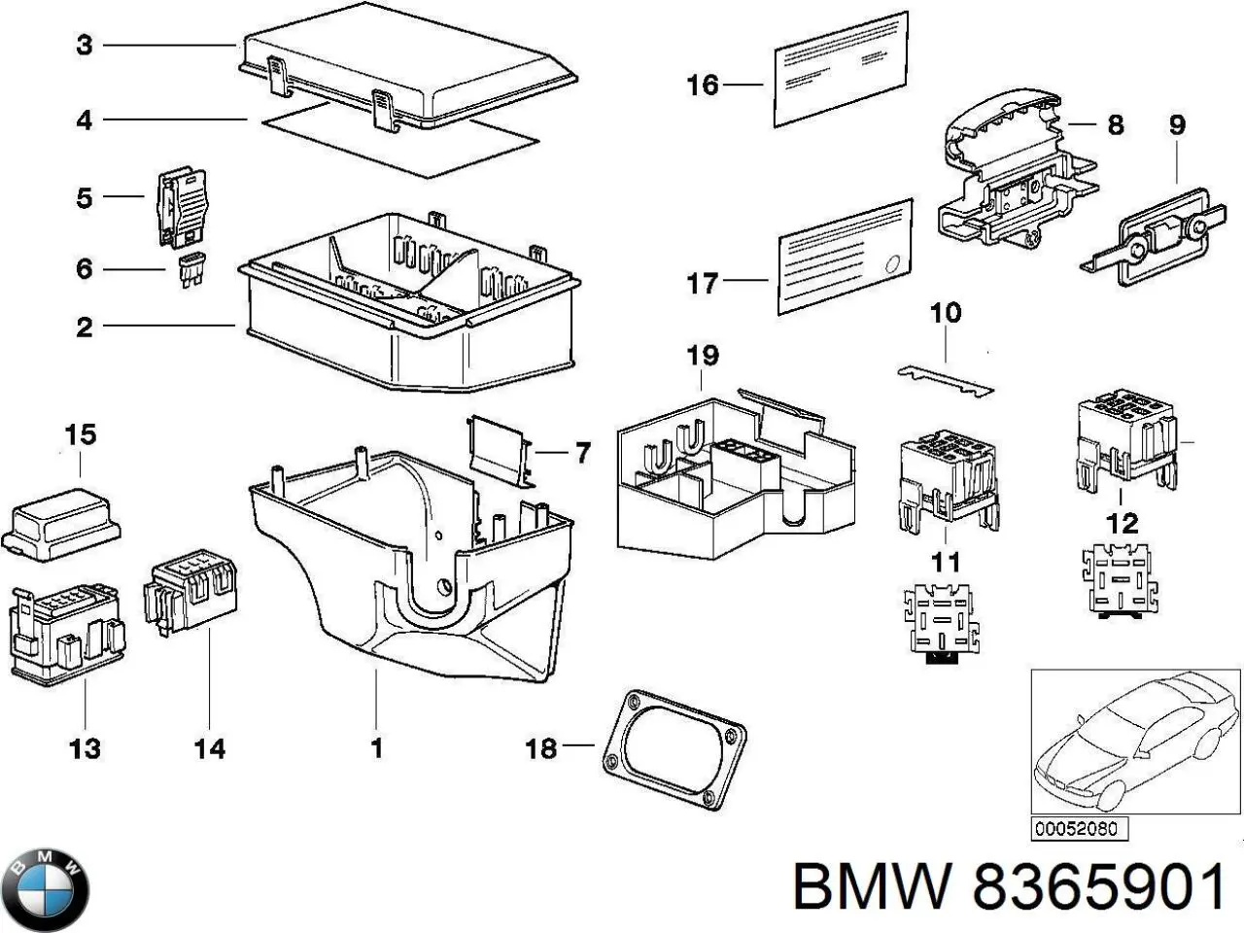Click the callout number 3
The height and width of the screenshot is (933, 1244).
tap(85, 45)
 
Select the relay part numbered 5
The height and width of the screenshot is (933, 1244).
tap(182, 206)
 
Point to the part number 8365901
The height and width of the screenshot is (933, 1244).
tap(1098, 887)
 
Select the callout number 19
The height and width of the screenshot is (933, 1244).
tap(702, 356)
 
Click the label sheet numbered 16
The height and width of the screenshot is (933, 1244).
tap(840, 70)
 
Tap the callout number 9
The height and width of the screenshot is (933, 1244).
tap(1176, 124)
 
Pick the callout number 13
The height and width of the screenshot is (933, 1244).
tap(86, 748)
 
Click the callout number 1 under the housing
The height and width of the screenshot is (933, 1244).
tap(376, 747)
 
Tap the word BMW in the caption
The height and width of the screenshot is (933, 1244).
tap(870, 887)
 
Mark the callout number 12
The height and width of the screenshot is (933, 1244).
tap(1122, 525)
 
